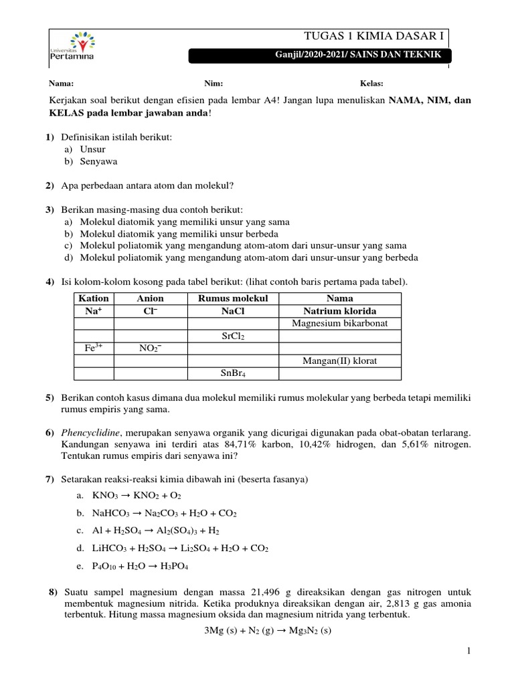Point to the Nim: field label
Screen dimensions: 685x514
[x=213, y=84]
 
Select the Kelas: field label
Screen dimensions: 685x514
[x=371, y=84]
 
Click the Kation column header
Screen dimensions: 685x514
[x=94, y=298]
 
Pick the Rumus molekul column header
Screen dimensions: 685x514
[x=233, y=298]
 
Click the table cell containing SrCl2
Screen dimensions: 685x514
[x=233, y=336]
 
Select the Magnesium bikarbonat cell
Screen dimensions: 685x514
[x=340, y=324]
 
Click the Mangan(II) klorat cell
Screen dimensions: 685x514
[x=340, y=361]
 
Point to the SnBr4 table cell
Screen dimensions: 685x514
[x=233, y=373]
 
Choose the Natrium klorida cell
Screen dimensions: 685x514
[x=340, y=311]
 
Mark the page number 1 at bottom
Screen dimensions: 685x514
[x=470, y=651]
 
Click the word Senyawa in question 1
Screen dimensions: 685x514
[x=95, y=162]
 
